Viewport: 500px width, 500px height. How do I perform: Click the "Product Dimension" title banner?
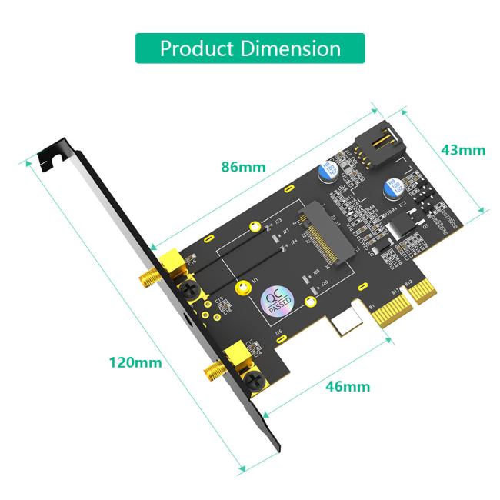click(x=250, y=48)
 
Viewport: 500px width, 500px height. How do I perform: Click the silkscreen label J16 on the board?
click(x=279, y=332)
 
